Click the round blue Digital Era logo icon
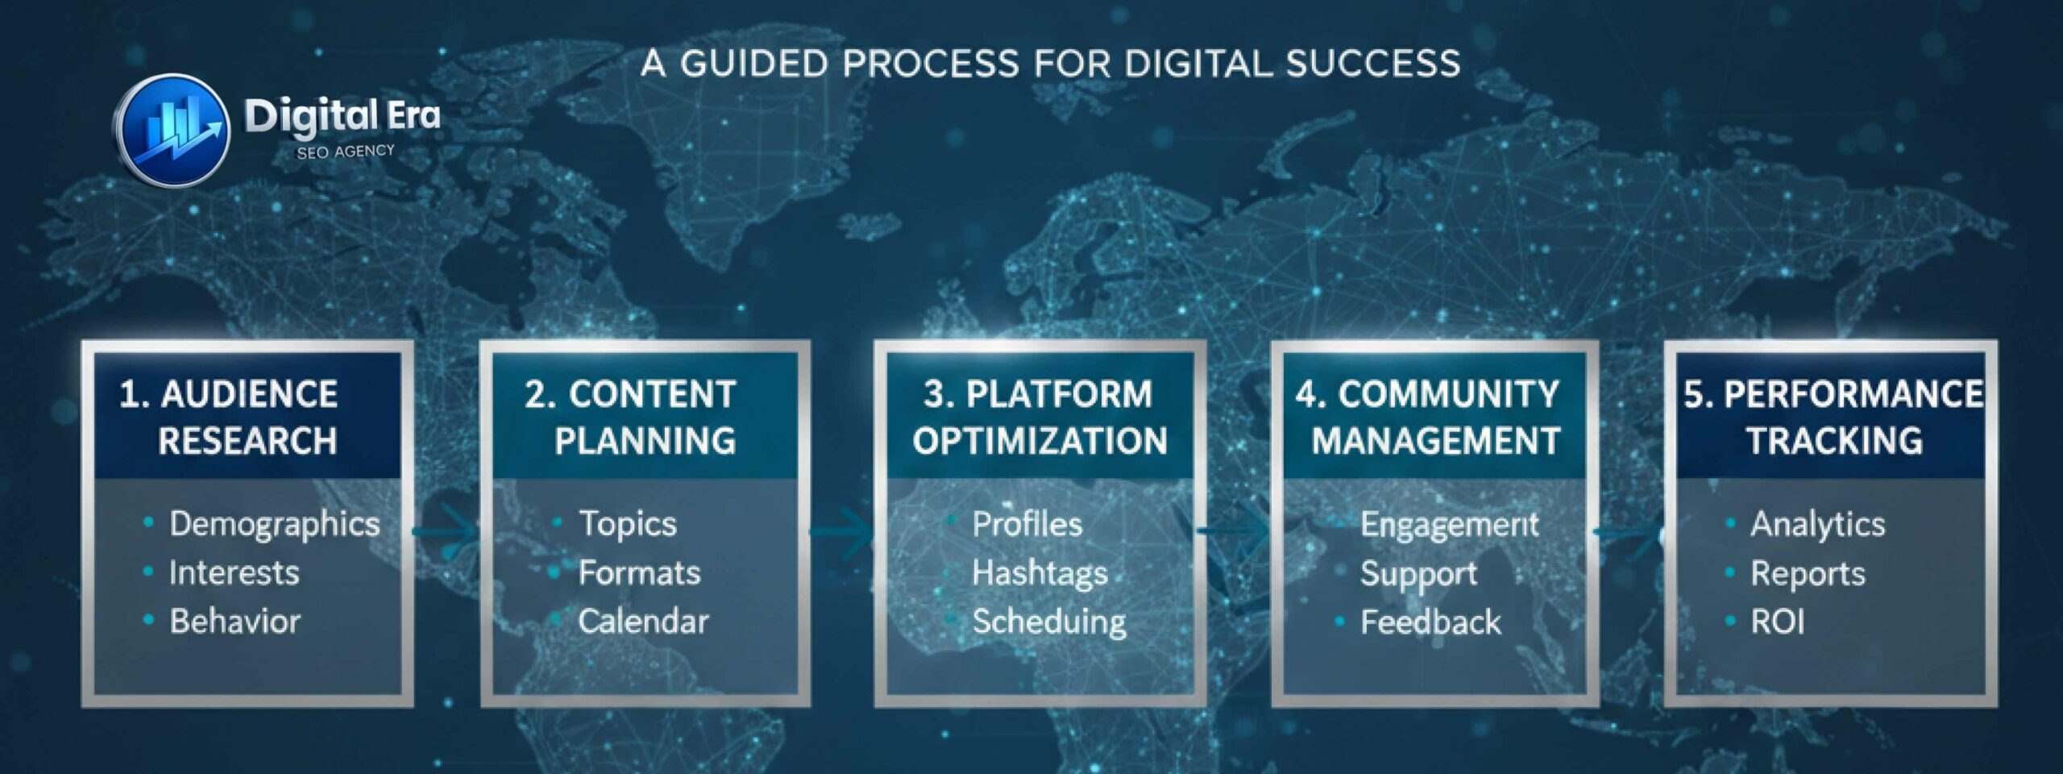point(172,131)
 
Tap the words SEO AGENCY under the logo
point(346,152)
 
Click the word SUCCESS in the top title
point(1373,64)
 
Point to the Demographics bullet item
point(274,524)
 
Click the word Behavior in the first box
point(235,622)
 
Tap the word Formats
point(639,573)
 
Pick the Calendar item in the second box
point(643,622)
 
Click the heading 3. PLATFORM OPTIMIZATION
point(1040,418)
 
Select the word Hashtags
point(1040,573)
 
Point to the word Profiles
point(1027,524)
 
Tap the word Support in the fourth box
point(1418,574)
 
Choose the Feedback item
point(1430,622)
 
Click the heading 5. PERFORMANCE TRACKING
point(1833,418)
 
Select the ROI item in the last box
point(1777,622)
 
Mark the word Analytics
point(1817,524)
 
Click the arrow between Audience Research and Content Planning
point(447,531)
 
